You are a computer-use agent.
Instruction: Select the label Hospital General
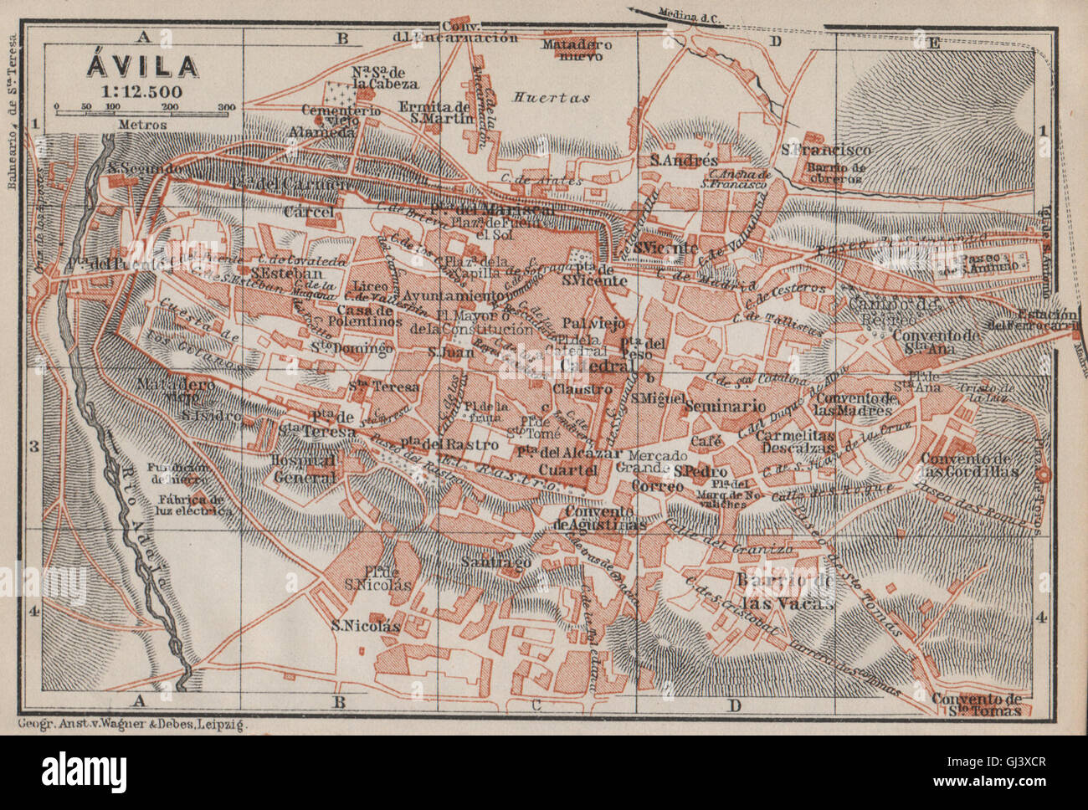305,469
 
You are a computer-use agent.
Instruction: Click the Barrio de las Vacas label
784,591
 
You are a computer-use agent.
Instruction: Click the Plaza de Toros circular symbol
1043,475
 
